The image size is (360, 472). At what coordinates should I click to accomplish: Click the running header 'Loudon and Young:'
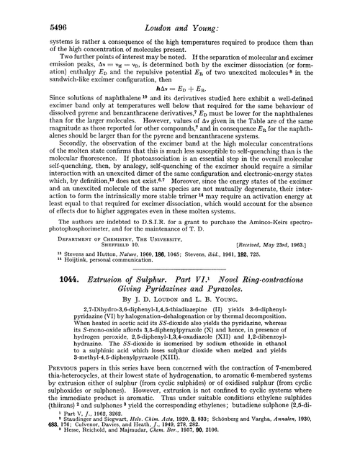click(x=179, y=11)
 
